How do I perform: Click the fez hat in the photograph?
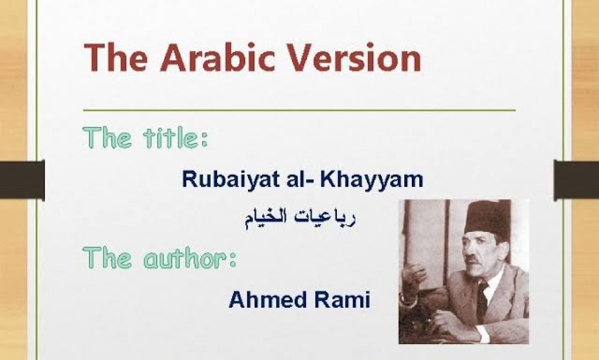[x=487, y=218]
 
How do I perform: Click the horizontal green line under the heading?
[x=299, y=109]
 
